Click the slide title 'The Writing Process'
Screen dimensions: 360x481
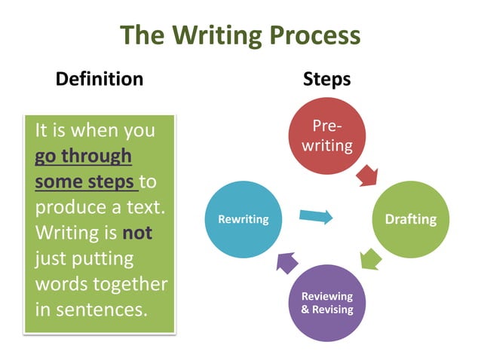pyautogui.click(x=240, y=35)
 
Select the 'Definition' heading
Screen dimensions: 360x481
pyautogui.click(x=100, y=78)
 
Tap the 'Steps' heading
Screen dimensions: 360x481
pyautogui.click(x=326, y=78)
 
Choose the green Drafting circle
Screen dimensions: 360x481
pyautogui.click(x=410, y=219)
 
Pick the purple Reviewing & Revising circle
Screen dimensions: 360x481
pyautogui.click(x=326, y=303)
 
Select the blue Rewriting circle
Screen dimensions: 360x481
pyautogui.click(x=243, y=219)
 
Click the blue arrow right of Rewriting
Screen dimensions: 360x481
pyautogui.click(x=316, y=217)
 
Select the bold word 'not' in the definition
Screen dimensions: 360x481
pyautogui.click(x=137, y=233)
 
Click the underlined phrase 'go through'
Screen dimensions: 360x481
pyautogui.click(x=83, y=156)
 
